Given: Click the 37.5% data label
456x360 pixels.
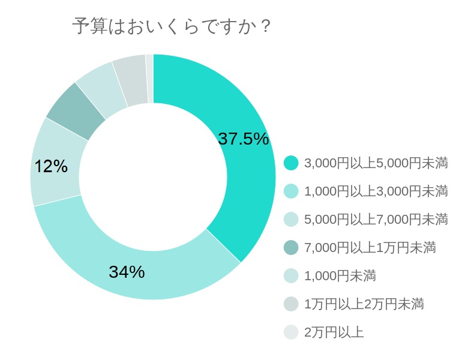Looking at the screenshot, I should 243,139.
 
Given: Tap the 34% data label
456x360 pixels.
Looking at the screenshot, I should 127,272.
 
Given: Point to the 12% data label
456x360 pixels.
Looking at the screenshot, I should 51,166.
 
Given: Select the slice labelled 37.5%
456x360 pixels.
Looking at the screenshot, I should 234,180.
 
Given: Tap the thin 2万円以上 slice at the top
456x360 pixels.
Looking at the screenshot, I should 149,79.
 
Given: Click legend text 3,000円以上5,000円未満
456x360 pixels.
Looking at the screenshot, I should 376,163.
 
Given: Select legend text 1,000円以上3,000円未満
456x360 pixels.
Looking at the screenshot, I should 376,191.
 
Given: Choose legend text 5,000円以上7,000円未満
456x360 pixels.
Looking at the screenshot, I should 376,220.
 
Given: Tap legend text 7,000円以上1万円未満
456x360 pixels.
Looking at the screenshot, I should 370,247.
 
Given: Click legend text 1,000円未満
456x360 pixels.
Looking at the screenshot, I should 340,275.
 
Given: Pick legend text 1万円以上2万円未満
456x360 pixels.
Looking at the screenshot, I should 364,304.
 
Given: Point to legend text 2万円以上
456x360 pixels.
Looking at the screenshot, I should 334,332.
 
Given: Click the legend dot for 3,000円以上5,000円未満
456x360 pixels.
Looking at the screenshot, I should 291,163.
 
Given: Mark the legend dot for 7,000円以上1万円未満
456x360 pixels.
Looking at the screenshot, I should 291,247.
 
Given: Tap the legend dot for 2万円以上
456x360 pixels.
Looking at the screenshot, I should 291,332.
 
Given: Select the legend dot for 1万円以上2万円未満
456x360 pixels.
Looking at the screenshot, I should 291,304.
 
